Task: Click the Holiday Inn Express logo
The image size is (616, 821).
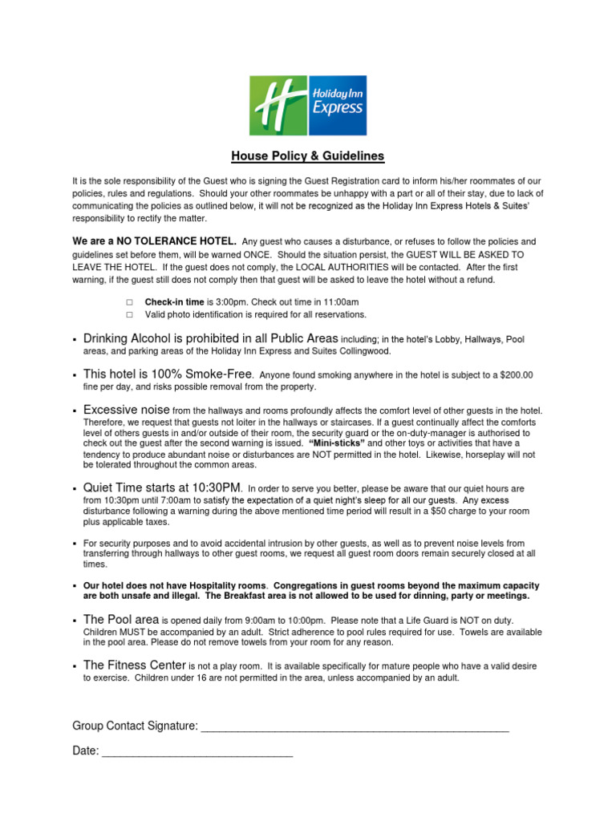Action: [308, 105]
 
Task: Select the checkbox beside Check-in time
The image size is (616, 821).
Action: [128, 302]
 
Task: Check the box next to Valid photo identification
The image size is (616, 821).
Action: [128, 314]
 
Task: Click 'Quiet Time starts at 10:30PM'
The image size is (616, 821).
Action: [161, 487]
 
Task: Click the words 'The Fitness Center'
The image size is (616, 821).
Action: [134, 665]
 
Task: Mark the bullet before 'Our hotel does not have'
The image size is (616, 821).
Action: [75, 586]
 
